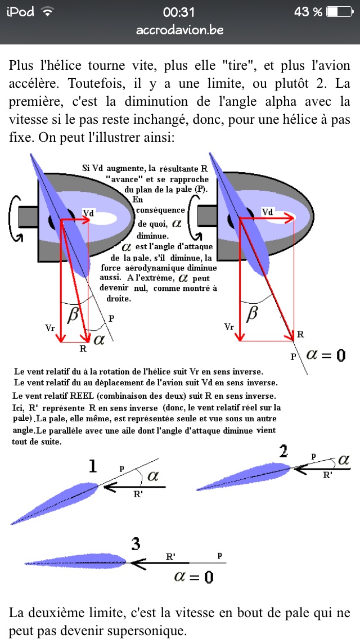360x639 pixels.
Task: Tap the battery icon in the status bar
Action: (x=340, y=12)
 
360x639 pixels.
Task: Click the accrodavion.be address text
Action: (x=179, y=30)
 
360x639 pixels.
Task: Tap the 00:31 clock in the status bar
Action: (x=179, y=12)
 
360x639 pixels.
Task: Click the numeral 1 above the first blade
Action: (x=93, y=466)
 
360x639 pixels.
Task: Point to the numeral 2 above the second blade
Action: (x=283, y=451)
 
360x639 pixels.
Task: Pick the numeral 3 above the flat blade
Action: (x=136, y=544)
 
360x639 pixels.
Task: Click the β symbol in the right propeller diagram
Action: (x=251, y=313)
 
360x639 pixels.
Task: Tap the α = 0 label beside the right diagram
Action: (x=326, y=355)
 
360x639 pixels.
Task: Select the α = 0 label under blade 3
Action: (x=193, y=577)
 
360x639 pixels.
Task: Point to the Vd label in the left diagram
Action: (x=88, y=213)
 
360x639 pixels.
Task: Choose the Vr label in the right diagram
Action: (x=229, y=327)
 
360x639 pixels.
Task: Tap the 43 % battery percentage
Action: (x=308, y=12)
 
